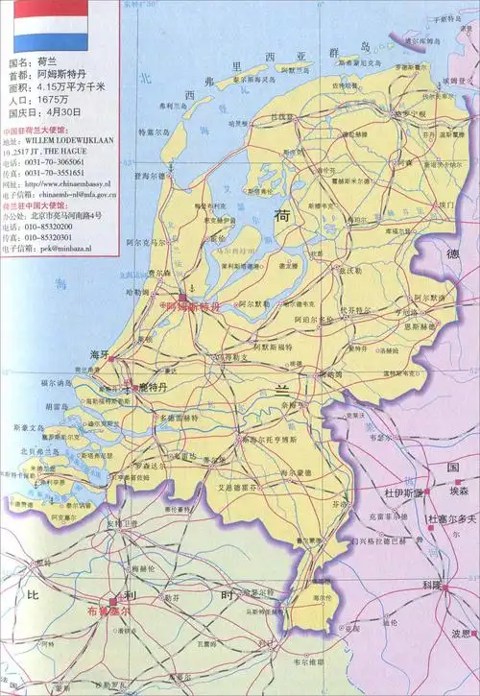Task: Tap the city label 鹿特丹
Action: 152,386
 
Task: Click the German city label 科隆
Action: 429,585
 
